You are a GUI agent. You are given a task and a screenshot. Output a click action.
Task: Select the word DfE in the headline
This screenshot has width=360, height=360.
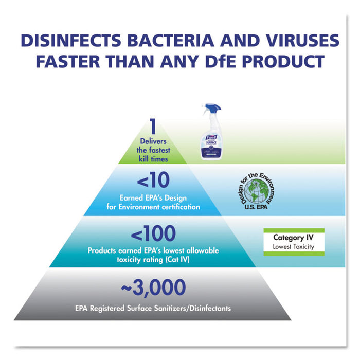click(233, 62)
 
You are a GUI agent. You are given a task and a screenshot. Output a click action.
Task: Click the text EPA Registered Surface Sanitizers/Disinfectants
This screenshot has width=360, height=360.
click(152, 309)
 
